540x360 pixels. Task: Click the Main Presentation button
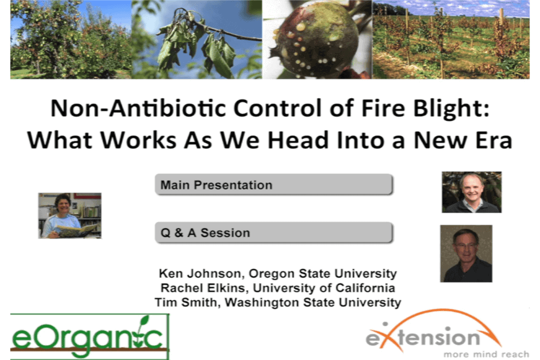coord(274,184)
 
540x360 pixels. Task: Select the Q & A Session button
coord(274,232)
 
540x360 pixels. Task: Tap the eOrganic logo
coord(90,336)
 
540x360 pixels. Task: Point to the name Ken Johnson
coord(200,274)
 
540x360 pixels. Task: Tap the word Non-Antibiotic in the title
coord(138,108)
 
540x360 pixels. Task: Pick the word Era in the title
coord(493,140)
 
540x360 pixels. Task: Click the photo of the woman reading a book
coord(70,216)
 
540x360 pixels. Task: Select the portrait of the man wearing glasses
coord(466,254)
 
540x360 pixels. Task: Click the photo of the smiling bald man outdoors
coord(471,192)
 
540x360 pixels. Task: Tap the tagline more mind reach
coord(486,354)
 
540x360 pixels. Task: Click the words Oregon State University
coord(323,274)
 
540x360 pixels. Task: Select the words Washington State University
coord(313,303)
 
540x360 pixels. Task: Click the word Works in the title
coord(139,140)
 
